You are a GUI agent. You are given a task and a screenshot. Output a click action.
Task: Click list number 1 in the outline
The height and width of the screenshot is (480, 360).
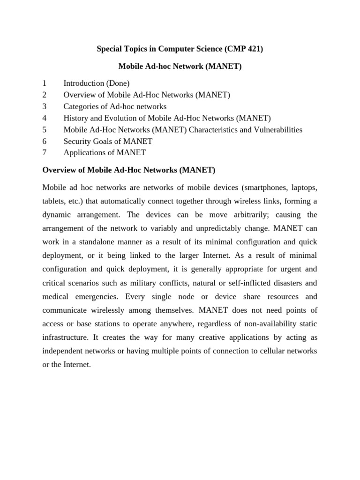(x=45, y=83)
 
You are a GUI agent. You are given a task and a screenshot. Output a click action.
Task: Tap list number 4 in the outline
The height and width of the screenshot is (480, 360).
(x=45, y=118)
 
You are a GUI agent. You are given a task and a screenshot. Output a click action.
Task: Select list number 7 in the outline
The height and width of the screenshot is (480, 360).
(x=45, y=153)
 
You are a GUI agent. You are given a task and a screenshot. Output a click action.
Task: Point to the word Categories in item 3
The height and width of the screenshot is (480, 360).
(x=81, y=106)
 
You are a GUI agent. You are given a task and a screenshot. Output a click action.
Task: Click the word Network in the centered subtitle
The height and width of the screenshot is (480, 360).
(x=179, y=67)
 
